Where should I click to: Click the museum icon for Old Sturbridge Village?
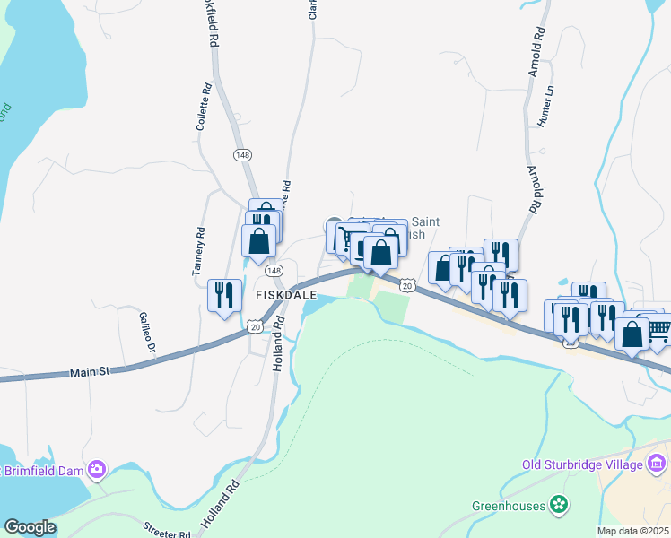pyautogui.click(x=658, y=464)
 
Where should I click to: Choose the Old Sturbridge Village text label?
pyautogui.click(x=582, y=464)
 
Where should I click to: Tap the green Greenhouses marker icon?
pyautogui.click(x=560, y=506)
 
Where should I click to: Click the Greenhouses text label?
pyautogui.click(x=509, y=506)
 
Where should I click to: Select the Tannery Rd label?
pyautogui.click(x=201, y=257)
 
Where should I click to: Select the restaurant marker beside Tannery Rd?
pyautogui.click(x=223, y=295)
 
